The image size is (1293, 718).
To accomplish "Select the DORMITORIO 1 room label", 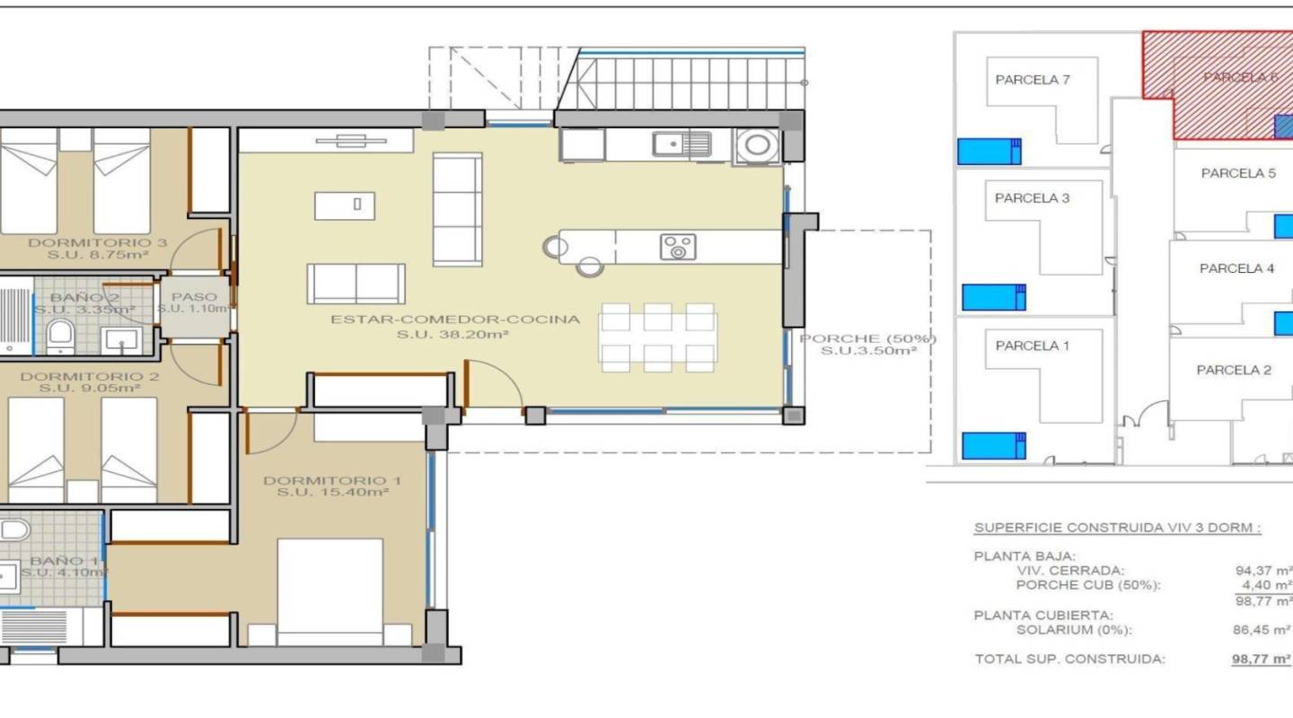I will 332,482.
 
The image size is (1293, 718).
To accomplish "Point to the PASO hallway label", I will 195,297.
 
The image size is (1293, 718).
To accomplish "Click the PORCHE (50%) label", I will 867,339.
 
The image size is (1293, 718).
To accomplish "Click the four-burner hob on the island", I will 677,247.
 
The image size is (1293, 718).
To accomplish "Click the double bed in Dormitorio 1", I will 330,590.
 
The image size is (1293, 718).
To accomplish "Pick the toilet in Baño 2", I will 60,335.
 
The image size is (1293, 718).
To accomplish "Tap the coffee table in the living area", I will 345,206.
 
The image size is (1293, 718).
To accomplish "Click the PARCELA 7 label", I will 1033,80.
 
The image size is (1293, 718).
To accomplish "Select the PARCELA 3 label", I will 1033,198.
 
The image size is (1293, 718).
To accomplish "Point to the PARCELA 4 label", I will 1236,268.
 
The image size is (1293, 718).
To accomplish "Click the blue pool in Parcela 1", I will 993,445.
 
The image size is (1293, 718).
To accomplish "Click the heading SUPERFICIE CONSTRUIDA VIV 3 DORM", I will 1117,528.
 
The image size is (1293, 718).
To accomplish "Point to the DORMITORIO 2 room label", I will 90,377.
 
